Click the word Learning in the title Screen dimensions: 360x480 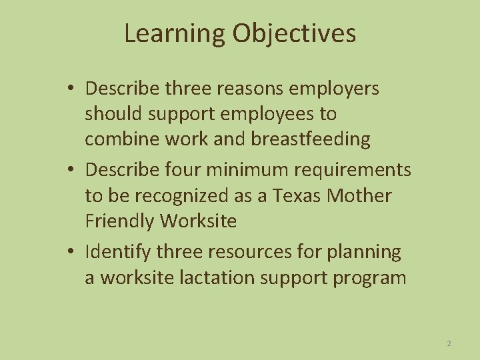[174, 34]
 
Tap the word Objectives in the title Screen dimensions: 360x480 [294, 34]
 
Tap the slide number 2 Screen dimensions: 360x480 [449, 343]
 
